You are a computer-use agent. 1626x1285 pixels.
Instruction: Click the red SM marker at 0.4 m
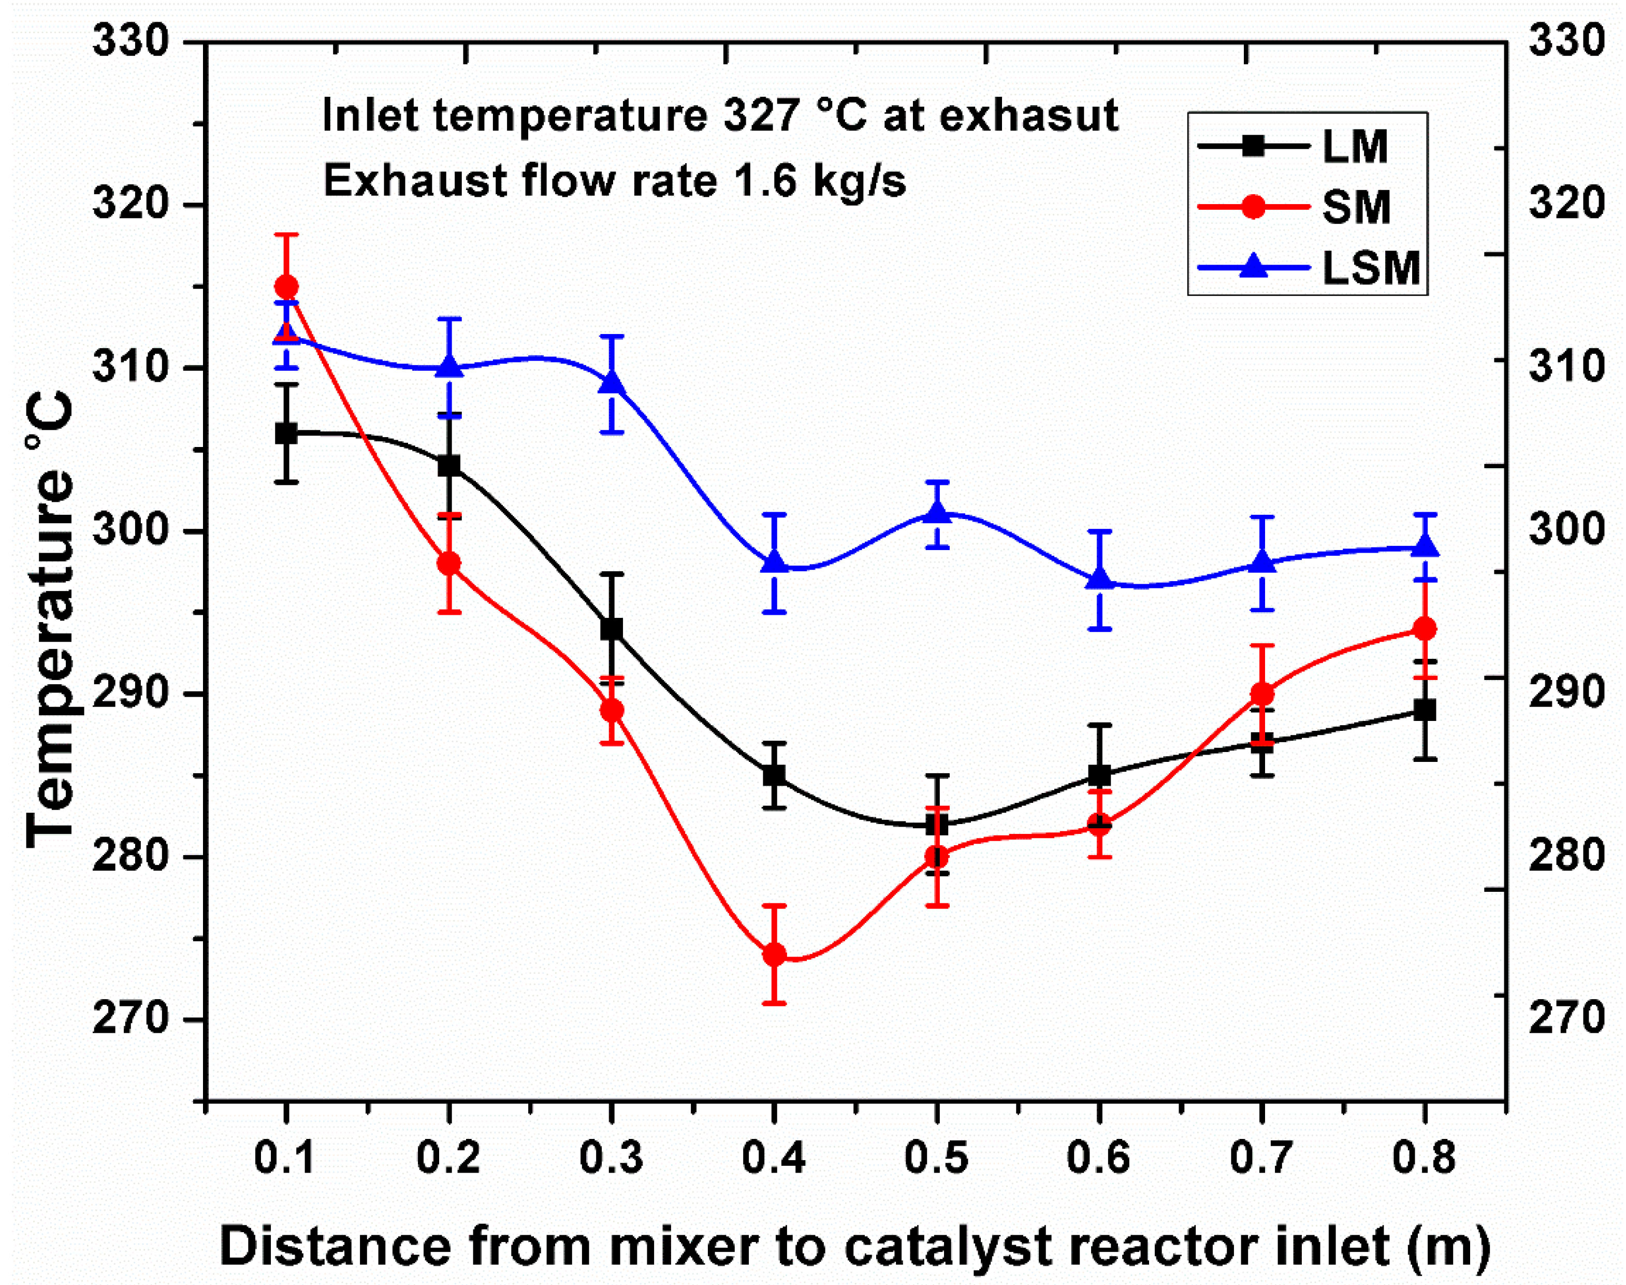pos(774,955)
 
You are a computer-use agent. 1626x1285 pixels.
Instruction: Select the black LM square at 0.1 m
pos(286,434)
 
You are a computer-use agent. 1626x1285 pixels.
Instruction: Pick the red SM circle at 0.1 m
pos(286,286)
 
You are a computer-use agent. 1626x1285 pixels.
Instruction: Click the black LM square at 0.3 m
pos(612,629)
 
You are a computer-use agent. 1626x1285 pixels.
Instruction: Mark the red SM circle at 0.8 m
pos(1425,629)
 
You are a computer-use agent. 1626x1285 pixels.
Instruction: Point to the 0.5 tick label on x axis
pos(936,1157)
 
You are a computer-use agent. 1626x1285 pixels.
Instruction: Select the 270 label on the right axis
pos(1566,1018)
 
